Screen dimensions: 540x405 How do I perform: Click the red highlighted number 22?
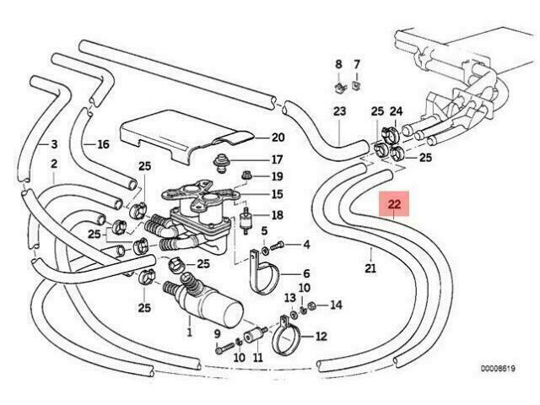tap(394, 204)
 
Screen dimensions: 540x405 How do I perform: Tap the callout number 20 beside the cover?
tap(278, 138)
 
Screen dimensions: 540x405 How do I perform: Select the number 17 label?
tap(278, 159)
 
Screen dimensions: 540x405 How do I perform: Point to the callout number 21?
tap(370, 268)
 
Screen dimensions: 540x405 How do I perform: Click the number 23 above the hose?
tap(339, 111)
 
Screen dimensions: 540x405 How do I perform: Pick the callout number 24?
tap(396, 111)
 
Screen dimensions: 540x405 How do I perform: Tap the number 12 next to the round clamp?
tap(321, 336)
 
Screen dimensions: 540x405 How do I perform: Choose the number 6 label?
tap(306, 273)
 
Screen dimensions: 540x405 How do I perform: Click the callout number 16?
tap(103, 144)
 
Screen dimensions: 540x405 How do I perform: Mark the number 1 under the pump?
tap(189, 332)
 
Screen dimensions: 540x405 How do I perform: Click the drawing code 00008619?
tap(498, 369)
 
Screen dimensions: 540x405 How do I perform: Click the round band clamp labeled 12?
tap(287, 336)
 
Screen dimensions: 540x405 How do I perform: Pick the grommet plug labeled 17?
tap(220, 162)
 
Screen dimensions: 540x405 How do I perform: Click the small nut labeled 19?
tap(247, 175)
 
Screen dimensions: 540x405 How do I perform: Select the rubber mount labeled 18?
tap(246, 220)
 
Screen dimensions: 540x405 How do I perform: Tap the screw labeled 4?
tap(278, 246)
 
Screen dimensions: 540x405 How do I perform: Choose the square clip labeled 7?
tap(356, 85)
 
